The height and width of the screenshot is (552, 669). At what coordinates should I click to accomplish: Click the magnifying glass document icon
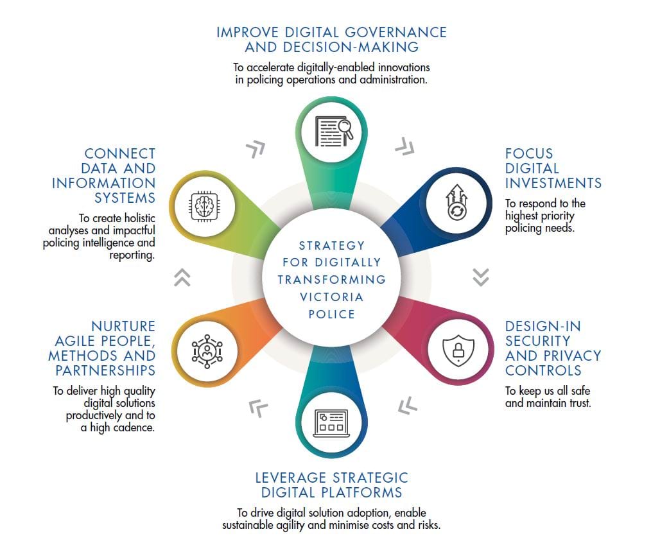(x=334, y=132)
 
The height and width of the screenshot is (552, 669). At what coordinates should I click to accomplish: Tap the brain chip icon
(x=204, y=207)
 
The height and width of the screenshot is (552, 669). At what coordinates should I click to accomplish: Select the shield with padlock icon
(x=458, y=350)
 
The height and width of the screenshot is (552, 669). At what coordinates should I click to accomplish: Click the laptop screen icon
(x=331, y=423)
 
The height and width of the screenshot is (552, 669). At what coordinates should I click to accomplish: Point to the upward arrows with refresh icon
(x=456, y=202)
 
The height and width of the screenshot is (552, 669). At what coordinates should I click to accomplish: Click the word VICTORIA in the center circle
(x=331, y=297)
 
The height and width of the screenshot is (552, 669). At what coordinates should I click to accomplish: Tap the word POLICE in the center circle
(x=331, y=315)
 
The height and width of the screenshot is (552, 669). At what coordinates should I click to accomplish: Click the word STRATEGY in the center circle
(x=331, y=246)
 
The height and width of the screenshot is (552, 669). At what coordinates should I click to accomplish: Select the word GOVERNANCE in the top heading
(x=395, y=33)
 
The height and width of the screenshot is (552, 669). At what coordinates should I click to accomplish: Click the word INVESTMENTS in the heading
(x=553, y=183)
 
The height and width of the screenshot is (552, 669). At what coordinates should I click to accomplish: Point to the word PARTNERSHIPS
(x=105, y=370)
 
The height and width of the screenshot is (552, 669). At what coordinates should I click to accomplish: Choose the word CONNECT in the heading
(x=120, y=153)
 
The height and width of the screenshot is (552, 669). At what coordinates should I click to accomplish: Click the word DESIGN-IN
(x=543, y=326)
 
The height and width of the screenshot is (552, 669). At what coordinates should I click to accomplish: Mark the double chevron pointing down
(x=481, y=277)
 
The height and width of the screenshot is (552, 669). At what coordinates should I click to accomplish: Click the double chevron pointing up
(x=182, y=277)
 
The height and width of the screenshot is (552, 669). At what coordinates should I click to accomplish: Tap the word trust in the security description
(x=580, y=403)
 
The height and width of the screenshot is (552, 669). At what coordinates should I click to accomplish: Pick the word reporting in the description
(x=132, y=255)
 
